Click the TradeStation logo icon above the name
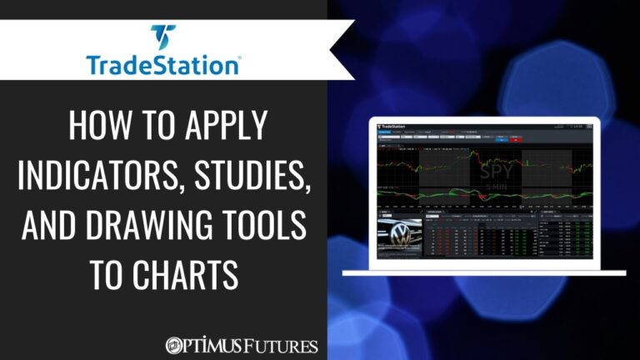coord(163,37)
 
